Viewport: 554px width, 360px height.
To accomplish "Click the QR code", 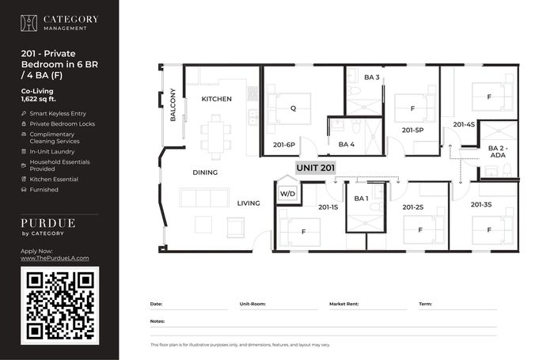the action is click(59, 305).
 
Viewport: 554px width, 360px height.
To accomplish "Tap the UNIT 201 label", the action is click(316, 168).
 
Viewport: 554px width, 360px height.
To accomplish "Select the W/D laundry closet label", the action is click(287, 194).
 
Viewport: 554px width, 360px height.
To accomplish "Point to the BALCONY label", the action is click(173, 105).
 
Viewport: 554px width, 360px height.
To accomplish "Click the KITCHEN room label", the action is click(217, 99).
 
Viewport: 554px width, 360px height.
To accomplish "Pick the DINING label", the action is click(205, 172).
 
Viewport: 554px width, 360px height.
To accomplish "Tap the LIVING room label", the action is click(249, 203).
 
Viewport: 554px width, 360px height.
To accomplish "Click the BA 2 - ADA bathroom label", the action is click(498, 152).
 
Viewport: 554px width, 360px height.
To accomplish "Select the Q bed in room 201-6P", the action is click(293, 109).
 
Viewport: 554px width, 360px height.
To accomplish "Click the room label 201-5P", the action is click(412, 130).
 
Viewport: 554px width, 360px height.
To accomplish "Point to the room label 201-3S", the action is click(481, 205).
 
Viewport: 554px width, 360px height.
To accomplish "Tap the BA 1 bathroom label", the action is click(361, 199).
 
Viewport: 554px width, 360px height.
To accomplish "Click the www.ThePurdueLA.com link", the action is click(55, 258).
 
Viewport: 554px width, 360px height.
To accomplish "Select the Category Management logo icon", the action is click(28, 23).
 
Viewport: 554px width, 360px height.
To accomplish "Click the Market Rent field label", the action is click(343, 304).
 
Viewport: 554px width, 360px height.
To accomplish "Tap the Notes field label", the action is click(157, 321).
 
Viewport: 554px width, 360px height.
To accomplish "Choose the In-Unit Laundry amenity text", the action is click(52, 152).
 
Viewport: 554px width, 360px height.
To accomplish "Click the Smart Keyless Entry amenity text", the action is click(58, 113).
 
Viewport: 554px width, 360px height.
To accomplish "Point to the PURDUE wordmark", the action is click(48, 223).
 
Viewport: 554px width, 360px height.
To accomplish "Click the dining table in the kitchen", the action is click(216, 136).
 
